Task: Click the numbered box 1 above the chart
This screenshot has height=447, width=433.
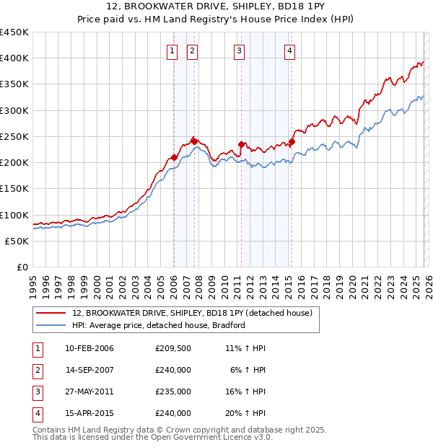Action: (173, 50)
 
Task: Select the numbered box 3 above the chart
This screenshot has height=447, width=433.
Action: (239, 50)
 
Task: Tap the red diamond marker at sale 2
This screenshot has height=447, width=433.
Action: (194, 141)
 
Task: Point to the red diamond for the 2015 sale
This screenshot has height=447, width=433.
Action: (292, 141)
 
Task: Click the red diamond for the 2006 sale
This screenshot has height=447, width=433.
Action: (174, 157)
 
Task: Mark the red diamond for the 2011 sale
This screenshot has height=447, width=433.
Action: (242, 144)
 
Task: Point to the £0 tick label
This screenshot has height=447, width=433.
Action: (22, 267)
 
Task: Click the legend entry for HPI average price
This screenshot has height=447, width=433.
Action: (159, 325)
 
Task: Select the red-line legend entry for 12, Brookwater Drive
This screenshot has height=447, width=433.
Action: (191, 313)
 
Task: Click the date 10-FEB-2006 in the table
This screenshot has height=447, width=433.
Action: (89, 348)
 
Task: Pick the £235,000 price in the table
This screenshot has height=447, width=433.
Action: (172, 393)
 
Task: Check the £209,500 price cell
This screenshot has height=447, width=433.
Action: (172, 348)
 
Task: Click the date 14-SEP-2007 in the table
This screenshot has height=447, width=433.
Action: (89, 371)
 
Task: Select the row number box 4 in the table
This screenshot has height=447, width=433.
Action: (36, 414)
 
